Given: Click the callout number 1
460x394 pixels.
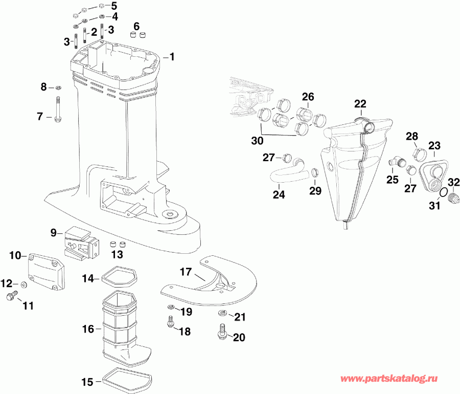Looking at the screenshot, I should click(172, 56).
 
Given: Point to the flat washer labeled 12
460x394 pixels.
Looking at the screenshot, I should click(24, 284).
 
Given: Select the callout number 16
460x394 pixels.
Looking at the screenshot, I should click(88, 329).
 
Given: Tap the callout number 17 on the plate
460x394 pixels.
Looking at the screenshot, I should click(185, 272).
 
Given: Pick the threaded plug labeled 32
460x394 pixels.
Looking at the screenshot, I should click(452, 198).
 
